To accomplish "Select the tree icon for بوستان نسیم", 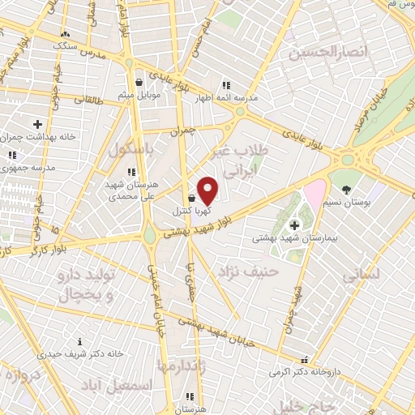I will click(x=347, y=190).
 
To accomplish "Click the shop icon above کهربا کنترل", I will click(x=191, y=198).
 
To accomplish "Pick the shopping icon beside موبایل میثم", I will click(x=139, y=82).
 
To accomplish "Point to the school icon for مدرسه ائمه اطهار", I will click(x=226, y=84).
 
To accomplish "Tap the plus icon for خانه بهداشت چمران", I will click(x=37, y=124).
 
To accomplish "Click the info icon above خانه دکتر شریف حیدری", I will click(x=79, y=341).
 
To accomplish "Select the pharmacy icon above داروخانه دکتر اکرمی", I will click(x=304, y=360).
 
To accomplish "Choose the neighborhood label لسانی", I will click(x=362, y=276).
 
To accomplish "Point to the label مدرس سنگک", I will click(x=74, y=45).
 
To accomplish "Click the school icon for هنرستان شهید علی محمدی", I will click(x=131, y=172).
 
